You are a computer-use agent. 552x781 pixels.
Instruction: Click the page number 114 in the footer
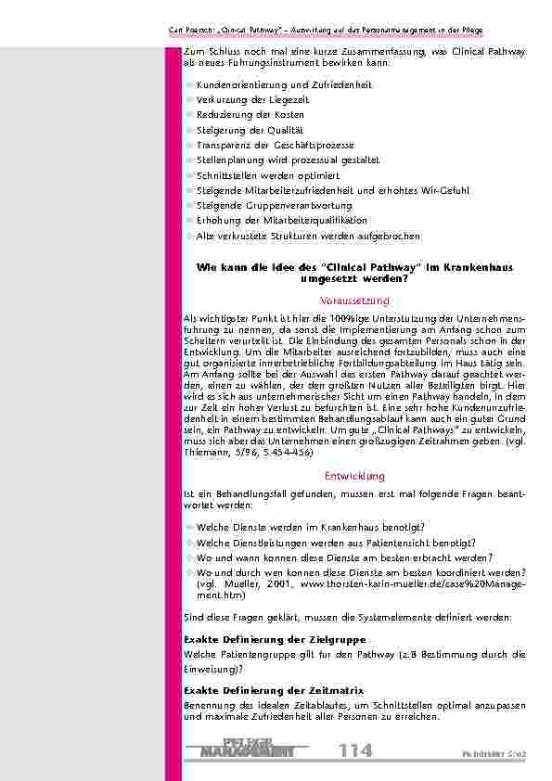tap(355, 749)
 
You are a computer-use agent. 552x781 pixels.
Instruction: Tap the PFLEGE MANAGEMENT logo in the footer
tap(247, 748)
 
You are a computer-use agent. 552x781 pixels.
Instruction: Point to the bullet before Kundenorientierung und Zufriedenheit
tap(189, 85)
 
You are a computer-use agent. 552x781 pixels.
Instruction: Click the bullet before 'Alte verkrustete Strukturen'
tap(189, 237)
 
